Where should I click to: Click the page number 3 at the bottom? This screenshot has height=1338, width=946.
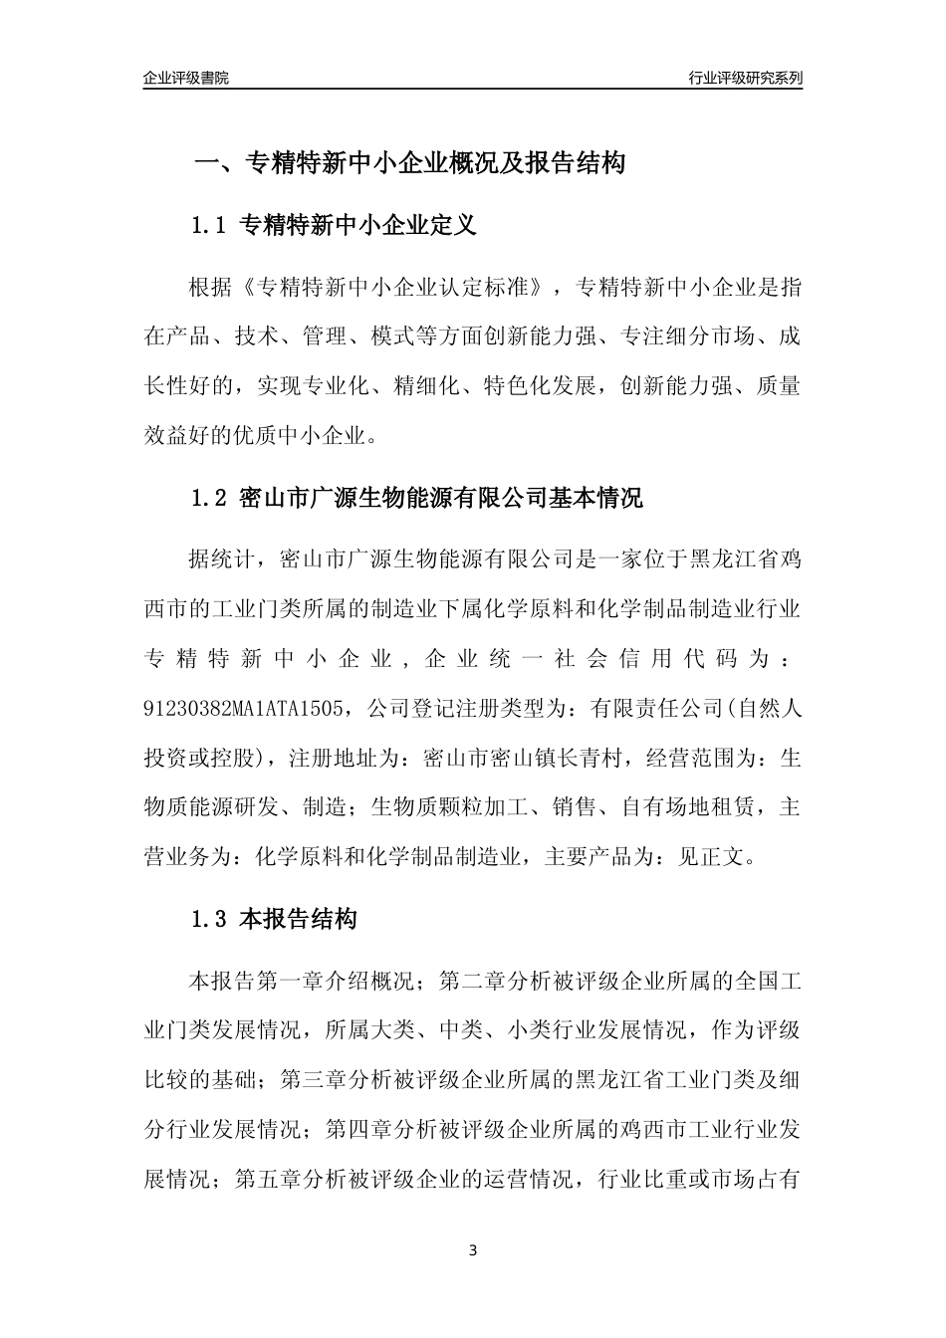tap(473, 1250)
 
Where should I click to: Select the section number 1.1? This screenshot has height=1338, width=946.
tap(210, 226)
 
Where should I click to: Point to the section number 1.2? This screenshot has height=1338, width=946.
tap(210, 499)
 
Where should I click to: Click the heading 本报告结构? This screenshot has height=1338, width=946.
tap(299, 919)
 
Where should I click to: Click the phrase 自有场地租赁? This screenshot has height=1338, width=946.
tap(686, 806)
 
